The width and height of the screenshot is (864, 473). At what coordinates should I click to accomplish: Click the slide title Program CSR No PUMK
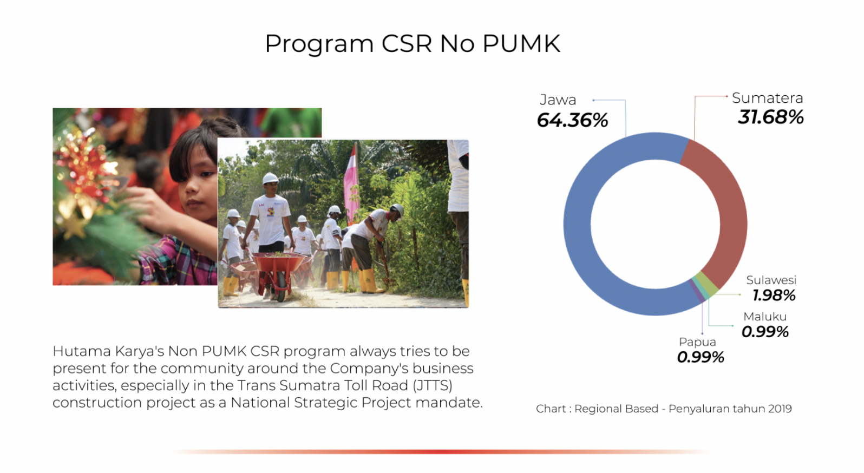pos(413,44)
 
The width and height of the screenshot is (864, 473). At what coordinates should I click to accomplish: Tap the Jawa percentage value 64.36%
pos(572,120)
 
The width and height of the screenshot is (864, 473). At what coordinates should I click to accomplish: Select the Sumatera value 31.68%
pos(771,117)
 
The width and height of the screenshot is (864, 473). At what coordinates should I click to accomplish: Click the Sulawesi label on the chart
pos(771,280)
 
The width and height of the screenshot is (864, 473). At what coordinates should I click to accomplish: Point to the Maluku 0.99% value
pos(765,332)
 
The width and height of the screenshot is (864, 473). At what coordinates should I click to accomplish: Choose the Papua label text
pos(697,342)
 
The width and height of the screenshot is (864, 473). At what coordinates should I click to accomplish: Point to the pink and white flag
pos(351,185)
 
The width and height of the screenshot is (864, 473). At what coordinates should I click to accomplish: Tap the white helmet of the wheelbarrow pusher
pos(270,178)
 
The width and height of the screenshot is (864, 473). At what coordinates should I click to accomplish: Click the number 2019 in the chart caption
pos(780,409)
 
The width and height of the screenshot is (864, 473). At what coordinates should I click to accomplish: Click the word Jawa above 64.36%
pos(558,100)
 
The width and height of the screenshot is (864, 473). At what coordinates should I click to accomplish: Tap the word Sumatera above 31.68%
pos(768,98)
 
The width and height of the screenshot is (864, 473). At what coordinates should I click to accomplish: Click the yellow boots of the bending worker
pos(368,281)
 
